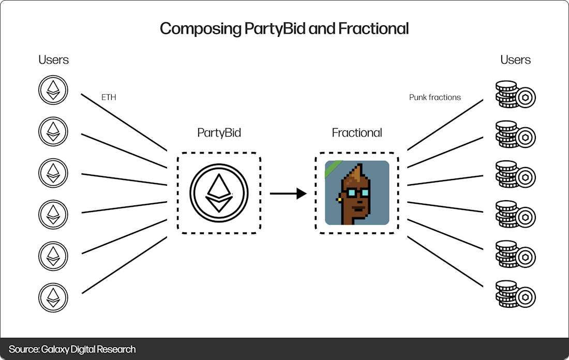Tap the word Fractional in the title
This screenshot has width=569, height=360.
373,28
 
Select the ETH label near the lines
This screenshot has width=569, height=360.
109,97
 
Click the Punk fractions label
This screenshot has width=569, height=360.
435,97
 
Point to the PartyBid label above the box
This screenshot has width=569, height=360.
219,132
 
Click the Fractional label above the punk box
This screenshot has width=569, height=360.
357,132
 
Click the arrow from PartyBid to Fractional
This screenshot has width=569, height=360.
288,194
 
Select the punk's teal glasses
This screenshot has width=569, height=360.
358,193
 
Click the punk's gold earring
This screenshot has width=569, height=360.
339,198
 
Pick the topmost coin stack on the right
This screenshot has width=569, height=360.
515,95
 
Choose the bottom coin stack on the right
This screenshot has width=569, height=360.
515,294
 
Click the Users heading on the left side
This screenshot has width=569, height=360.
53,59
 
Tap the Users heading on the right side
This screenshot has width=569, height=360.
515,59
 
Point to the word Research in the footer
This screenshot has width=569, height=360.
116,349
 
